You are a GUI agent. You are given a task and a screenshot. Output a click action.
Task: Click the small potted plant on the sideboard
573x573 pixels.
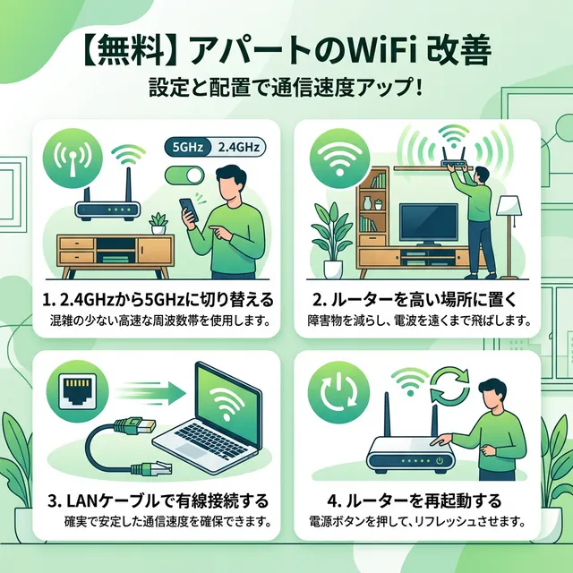pyautogui.click(x=158, y=222)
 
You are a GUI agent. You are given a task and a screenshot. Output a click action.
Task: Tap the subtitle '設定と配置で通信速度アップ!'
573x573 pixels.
pyautogui.click(x=286, y=92)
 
